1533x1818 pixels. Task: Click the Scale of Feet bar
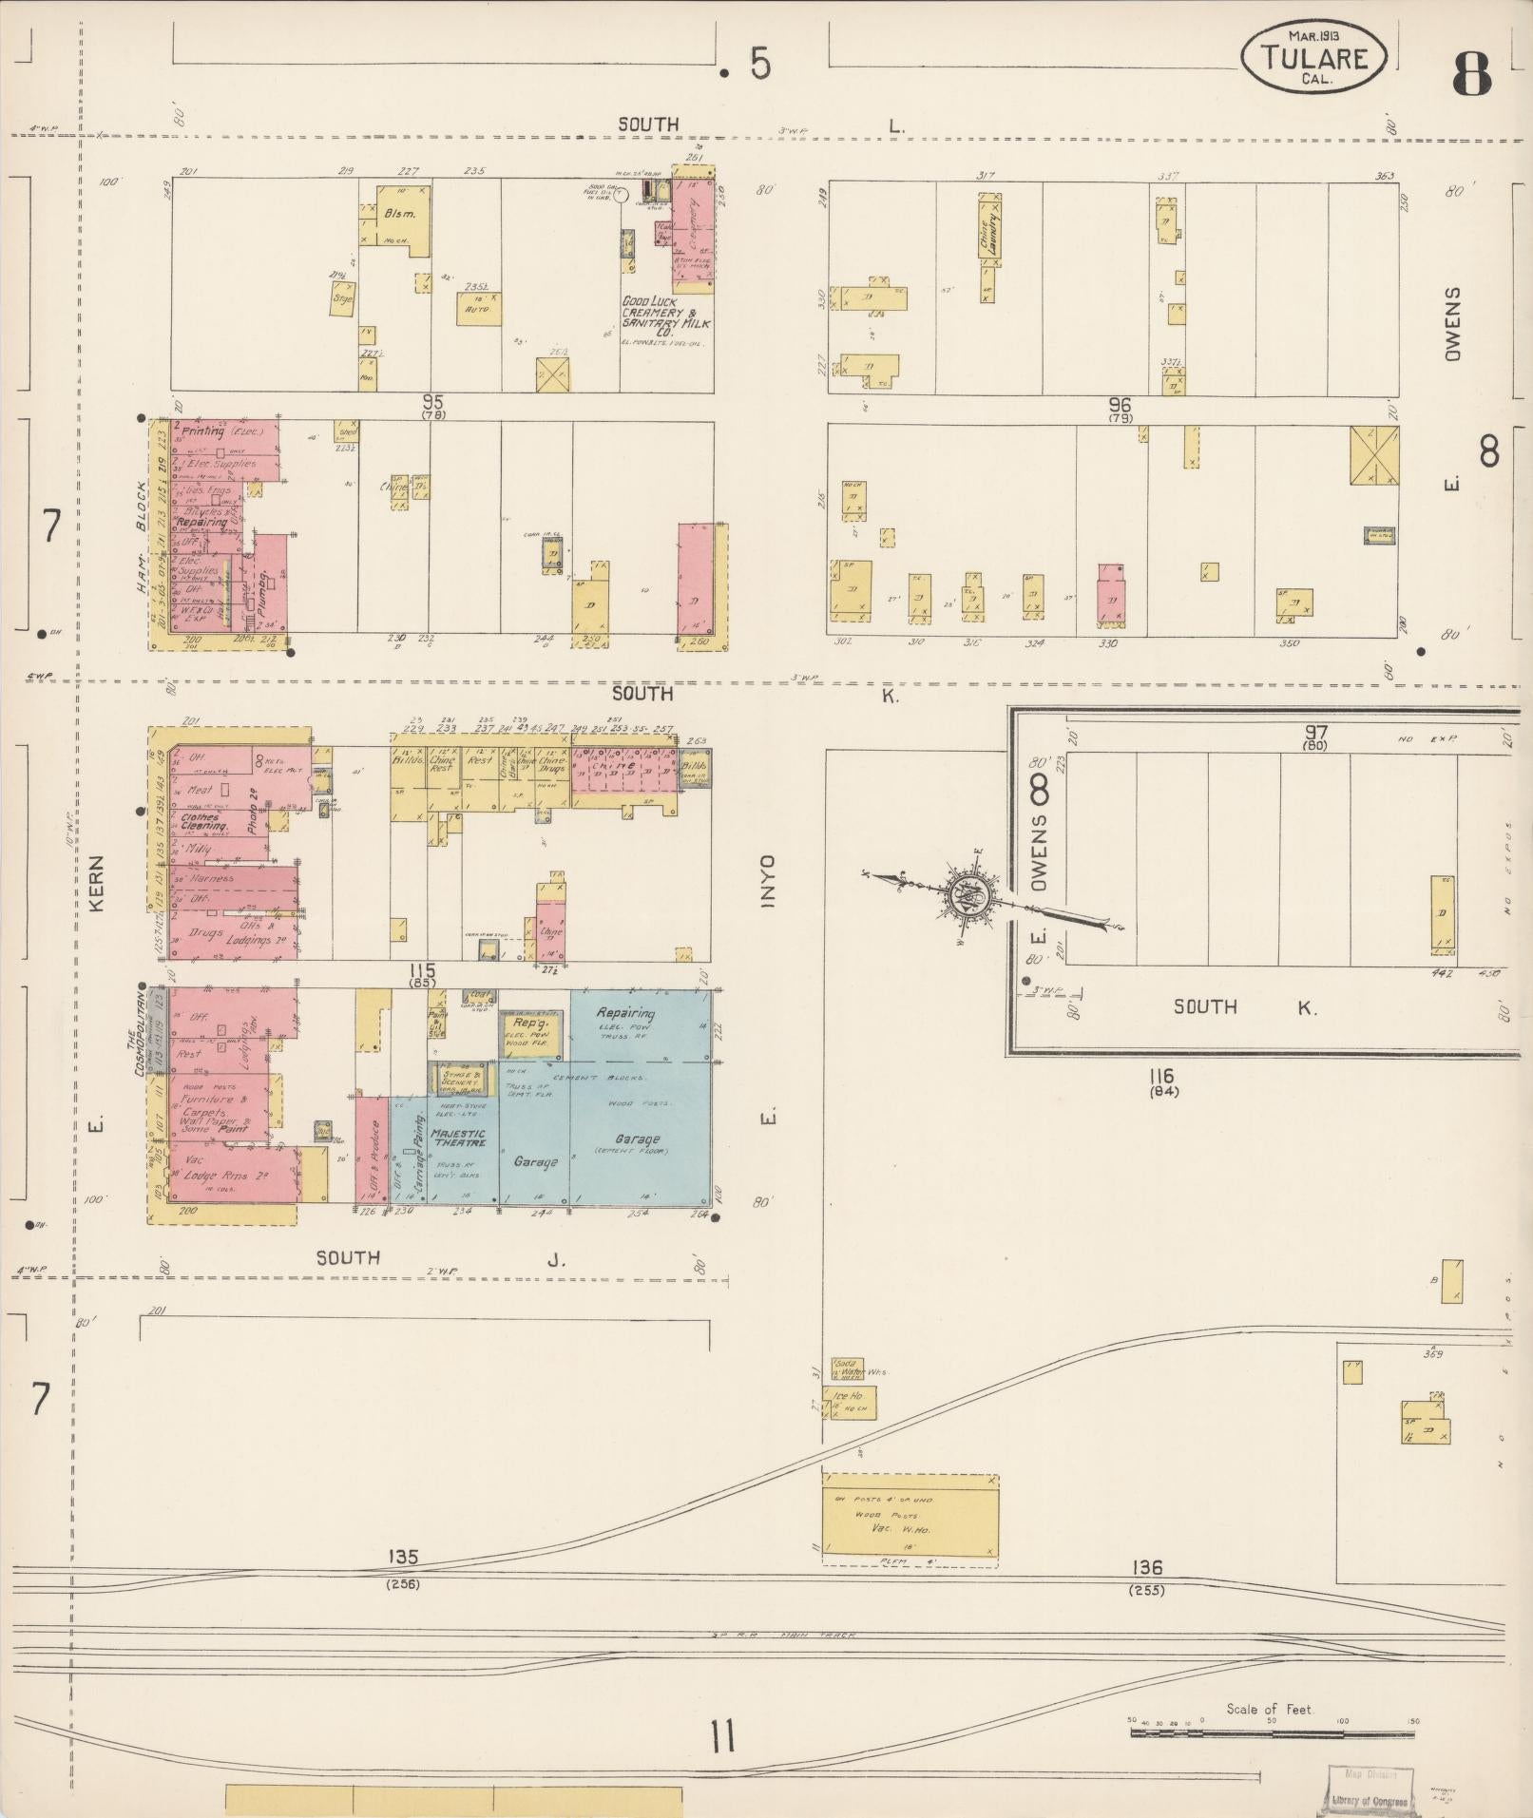pyautogui.click(x=1272, y=1732)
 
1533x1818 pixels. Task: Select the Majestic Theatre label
pyautogui.click(x=458, y=1139)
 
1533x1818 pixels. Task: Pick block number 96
pyautogui.click(x=1120, y=405)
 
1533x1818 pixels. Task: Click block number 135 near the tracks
pyautogui.click(x=403, y=1557)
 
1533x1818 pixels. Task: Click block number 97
pyautogui.click(x=1316, y=733)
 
